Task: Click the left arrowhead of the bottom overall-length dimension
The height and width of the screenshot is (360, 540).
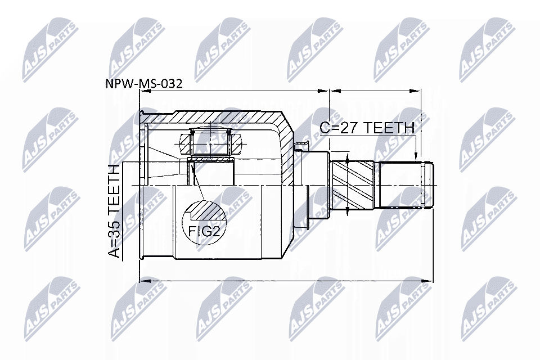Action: click(142, 280)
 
